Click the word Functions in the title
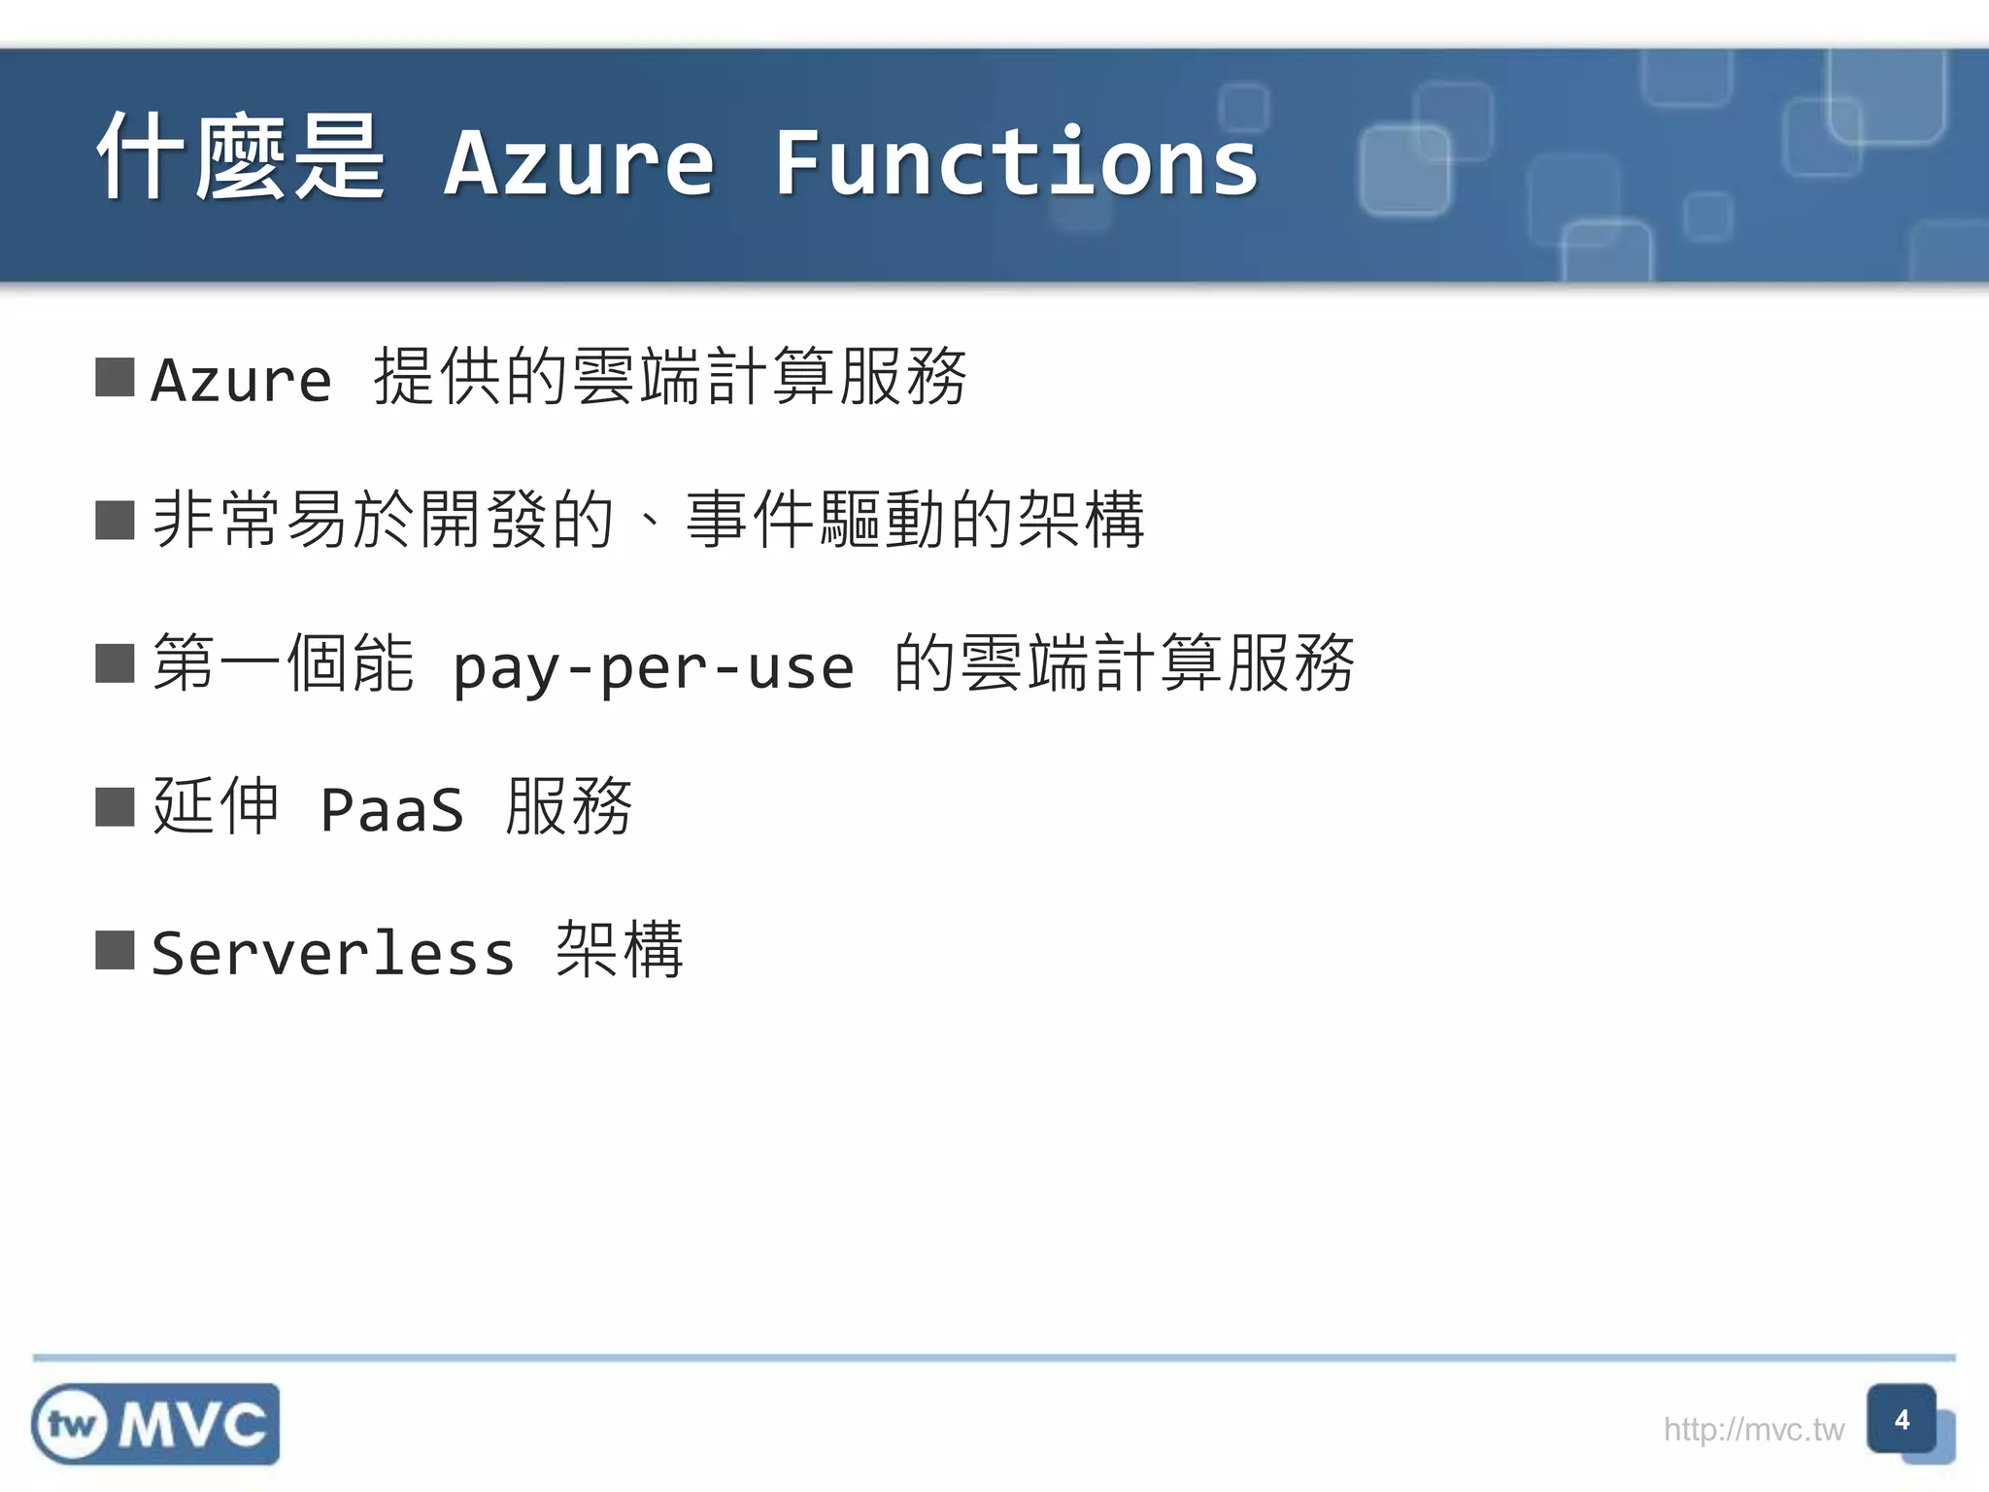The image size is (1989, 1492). pyautogui.click(x=1016, y=163)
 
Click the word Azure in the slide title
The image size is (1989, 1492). pyautogui.click(x=580, y=163)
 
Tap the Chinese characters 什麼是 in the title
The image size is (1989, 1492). pyautogui.click(x=241, y=157)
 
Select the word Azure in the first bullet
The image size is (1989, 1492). pyautogui.click(x=242, y=379)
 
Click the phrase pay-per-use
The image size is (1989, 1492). pyautogui.click(x=654, y=667)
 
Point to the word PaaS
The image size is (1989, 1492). pyautogui.click(x=392, y=809)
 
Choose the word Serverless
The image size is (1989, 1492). pyautogui.click(x=333, y=953)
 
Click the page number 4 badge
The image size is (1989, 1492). pyautogui.click(x=1901, y=1420)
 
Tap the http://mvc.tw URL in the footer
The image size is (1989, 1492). pyautogui.click(x=1753, y=1429)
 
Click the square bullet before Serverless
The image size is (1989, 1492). pyautogui.click(x=115, y=950)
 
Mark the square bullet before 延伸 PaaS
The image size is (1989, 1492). pyautogui.click(x=115, y=806)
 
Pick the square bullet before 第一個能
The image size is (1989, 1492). pyautogui.click(x=115, y=664)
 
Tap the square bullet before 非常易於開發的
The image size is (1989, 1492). pyautogui.click(x=115, y=521)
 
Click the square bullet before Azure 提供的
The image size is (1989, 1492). pyautogui.click(x=115, y=378)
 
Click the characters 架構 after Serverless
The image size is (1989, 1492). pyautogui.click(x=620, y=949)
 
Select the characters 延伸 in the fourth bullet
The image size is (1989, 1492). pyautogui.click(x=216, y=806)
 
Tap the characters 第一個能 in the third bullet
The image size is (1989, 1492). pyautogui.click(x=284, y=663)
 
